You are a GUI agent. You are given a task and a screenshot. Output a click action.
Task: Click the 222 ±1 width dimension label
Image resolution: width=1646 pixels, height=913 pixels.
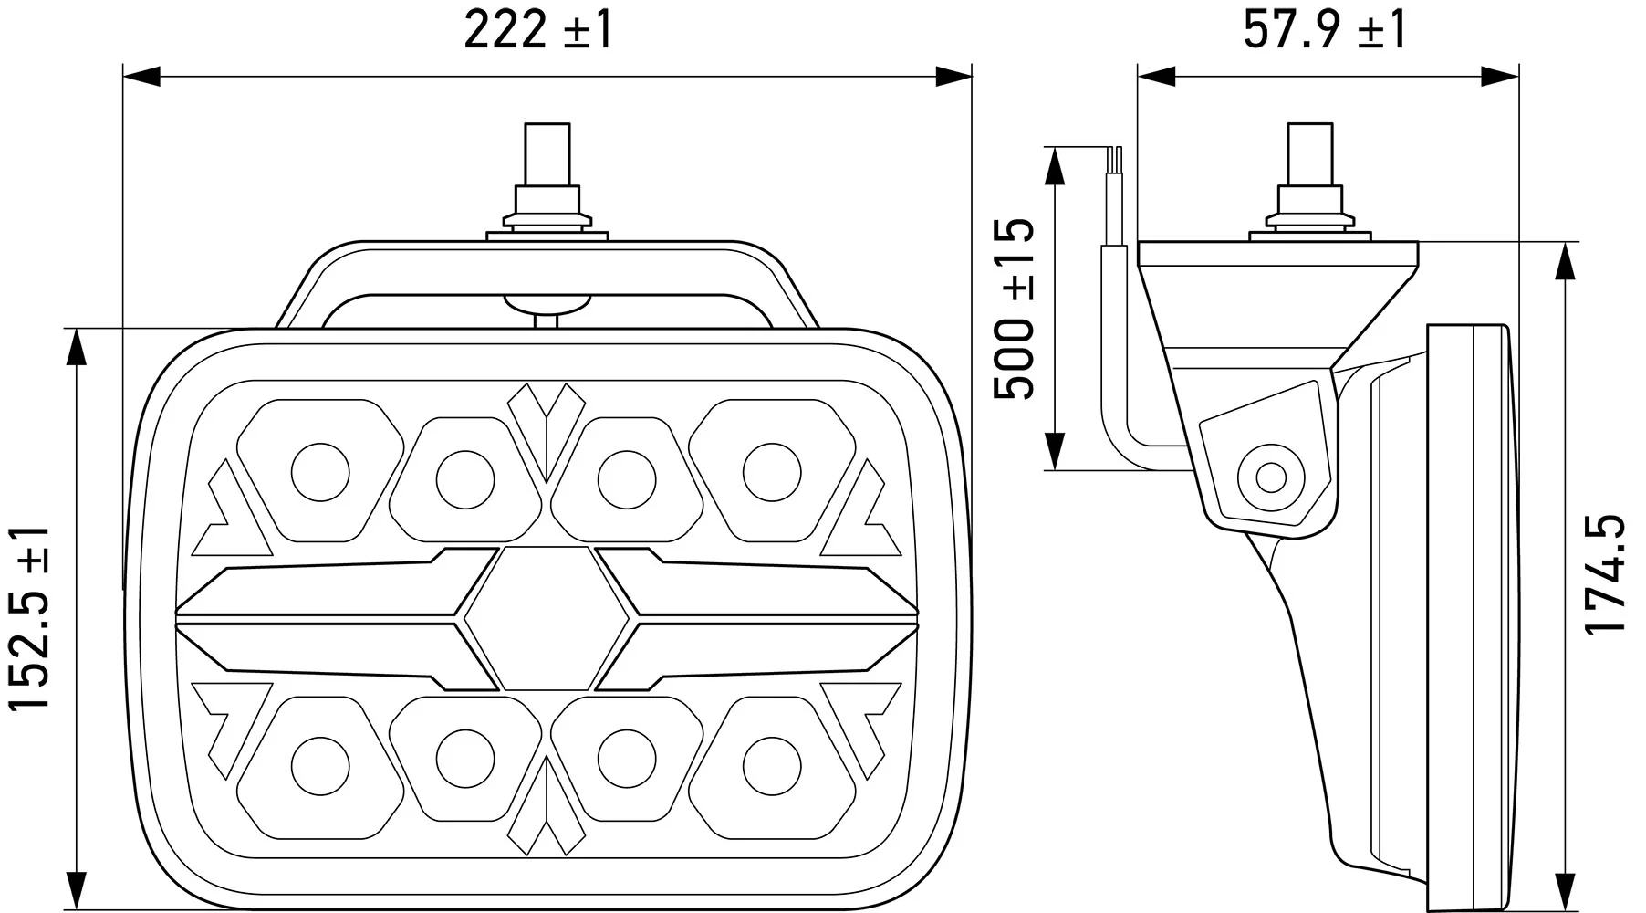pos(538,30)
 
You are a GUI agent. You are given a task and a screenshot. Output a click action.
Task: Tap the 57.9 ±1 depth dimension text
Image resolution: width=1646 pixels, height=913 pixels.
pos(1325,30)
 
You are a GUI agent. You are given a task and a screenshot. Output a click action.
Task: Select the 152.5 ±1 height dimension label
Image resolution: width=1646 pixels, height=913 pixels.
pos(29,618)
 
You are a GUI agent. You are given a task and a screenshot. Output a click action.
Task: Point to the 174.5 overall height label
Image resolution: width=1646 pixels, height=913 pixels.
pos(1605,573)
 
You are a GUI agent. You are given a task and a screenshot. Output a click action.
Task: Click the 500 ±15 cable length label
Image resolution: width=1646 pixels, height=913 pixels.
pos(1014,309)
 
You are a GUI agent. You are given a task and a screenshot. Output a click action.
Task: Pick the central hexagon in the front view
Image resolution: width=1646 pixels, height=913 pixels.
pos(547,619)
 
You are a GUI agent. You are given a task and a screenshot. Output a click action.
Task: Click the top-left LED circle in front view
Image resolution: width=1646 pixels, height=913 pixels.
pos(319,472)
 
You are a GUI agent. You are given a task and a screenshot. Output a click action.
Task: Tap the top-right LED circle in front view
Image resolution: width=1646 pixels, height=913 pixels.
pos(771,472)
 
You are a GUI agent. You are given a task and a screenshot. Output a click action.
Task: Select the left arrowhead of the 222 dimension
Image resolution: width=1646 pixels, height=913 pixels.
pos(142,76)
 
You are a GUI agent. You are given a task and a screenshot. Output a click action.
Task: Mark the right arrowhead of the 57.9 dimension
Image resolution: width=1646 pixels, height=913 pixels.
pos(1499,76)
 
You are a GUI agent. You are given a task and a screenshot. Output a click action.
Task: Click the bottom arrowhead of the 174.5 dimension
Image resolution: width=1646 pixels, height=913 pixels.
pos(1567,890)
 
